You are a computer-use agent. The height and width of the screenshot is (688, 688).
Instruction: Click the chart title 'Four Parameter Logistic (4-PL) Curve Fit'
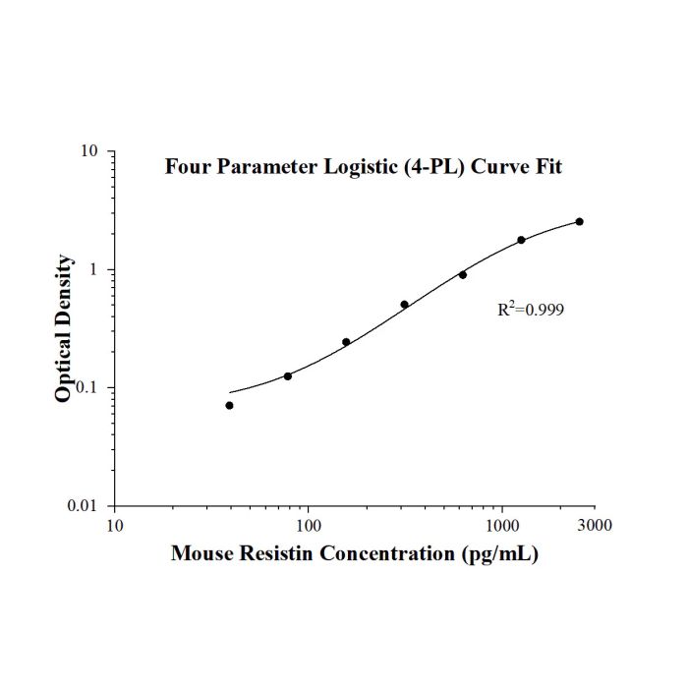point(364,167)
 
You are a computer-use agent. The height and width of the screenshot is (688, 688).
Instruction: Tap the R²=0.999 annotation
point(531,310)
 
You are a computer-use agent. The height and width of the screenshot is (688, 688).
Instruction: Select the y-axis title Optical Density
point(63,327)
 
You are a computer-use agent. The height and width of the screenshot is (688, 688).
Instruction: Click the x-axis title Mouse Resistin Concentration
point(313,552)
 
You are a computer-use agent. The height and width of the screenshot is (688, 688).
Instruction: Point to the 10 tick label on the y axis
point(88,151)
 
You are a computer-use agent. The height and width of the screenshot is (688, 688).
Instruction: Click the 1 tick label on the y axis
point(93,269)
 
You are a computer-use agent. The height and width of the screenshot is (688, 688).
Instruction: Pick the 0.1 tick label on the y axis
point(86,388)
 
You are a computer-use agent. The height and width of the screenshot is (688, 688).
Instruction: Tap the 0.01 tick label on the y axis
point(82,506)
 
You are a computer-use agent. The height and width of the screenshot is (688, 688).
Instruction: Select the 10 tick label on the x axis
point(115,525)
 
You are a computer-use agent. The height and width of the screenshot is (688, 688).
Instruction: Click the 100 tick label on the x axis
point(308,525)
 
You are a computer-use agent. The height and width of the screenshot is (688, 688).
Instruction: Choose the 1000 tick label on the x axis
point(502,525)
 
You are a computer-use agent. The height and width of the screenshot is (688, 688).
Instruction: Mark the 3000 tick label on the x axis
point(594,525)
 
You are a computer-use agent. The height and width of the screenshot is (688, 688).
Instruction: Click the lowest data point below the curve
point(229,405)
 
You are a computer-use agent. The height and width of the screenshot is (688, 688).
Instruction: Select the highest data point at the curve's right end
point(580,221)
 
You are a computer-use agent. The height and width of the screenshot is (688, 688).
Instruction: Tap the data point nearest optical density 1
point(463,275)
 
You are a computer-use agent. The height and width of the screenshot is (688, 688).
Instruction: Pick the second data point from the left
point(288,376)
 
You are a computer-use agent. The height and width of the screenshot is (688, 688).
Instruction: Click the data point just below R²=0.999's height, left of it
point(405,305)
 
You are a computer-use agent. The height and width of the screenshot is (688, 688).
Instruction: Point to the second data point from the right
point(521,240)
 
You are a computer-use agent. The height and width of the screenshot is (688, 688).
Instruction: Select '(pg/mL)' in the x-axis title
point(499,553)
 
